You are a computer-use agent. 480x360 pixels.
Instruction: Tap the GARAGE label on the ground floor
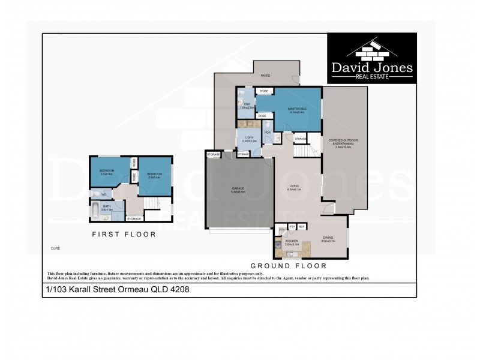[x=238, y=190]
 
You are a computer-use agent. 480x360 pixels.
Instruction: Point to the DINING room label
[x=328, y=239]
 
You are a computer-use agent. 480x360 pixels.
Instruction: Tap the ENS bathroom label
[x=245, y=106]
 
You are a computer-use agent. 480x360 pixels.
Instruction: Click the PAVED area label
[x=265, y=76]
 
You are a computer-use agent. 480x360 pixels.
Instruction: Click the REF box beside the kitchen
[x=302, y=226]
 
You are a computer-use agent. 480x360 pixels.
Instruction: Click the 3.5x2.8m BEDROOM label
[x=107, y=171]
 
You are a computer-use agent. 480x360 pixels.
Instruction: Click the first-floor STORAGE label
[x=134, y=219]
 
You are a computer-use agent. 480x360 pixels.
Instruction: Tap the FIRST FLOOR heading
[x=124, y=235]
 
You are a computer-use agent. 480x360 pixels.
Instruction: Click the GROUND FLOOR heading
[x=289, y=265]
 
